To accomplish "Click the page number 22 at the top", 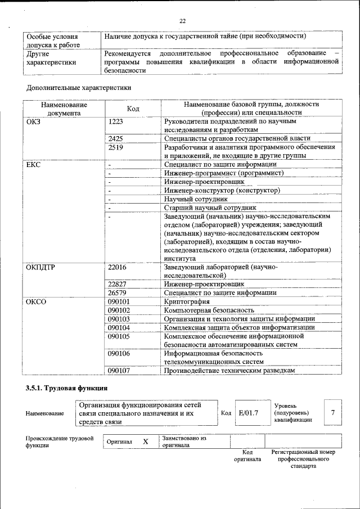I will (x=182, y=21).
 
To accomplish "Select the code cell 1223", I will (x=115, y=121).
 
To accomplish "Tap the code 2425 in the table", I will (x=115, y=138).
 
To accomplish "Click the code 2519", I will (x=115, y=147).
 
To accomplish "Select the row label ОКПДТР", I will (x=40, y=267).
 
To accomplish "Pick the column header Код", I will (x=133, y=109).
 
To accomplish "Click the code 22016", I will (x=117, y=267).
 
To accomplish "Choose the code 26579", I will (x=117, y=293).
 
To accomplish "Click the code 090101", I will (x=119, y=302).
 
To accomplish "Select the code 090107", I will (x=119, y=371).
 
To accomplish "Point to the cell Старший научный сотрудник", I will (x=210, y=208).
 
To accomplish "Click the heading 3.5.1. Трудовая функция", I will (x=66, y=389).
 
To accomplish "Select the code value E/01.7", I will (x=248, y=413).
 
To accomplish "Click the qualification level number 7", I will (x=333, y=413).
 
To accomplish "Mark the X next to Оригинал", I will (x=145, y=442).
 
